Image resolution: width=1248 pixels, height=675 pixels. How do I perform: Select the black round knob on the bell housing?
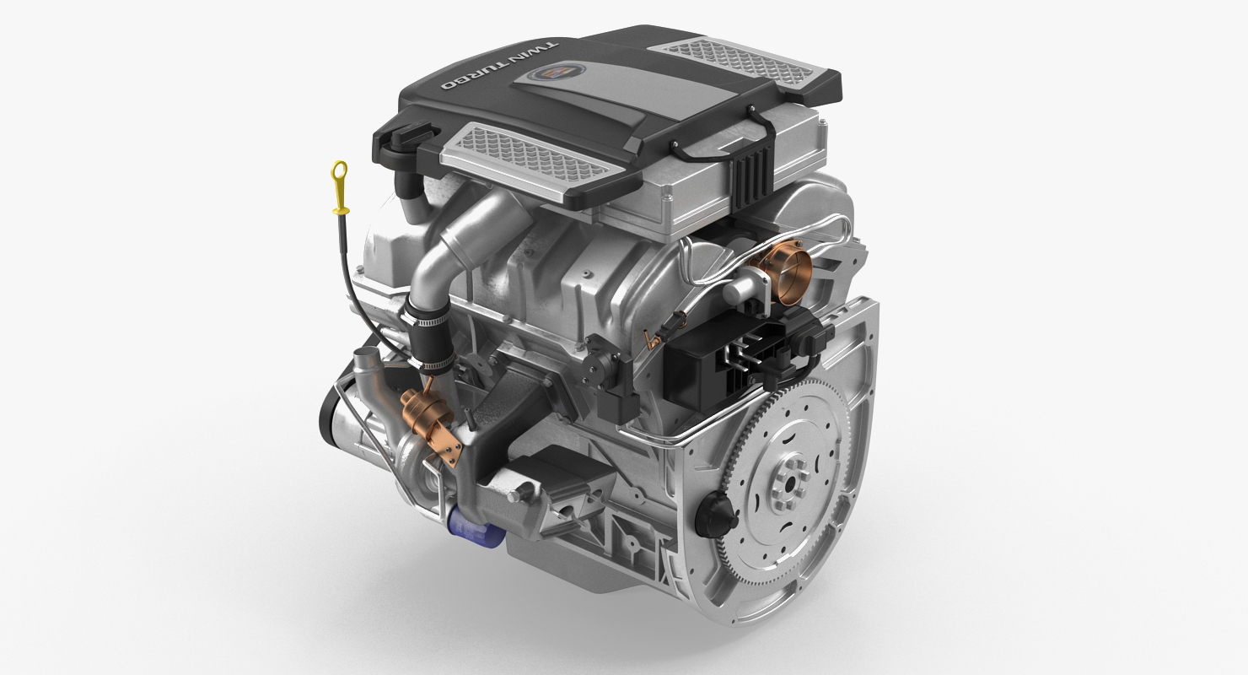[x=716, y=509]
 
